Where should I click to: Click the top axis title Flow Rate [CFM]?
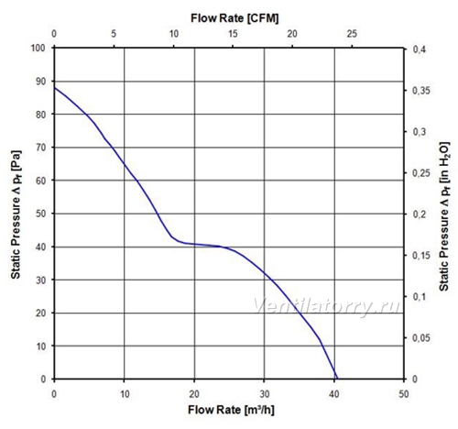(234, 18)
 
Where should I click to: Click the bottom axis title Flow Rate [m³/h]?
(231, 410)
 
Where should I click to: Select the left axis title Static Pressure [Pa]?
(16, 214)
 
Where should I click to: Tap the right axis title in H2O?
(444, 216)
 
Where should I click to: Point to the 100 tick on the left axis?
(38, 48)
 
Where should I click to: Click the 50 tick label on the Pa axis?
(40, 214)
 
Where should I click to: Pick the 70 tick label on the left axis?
(40, 148)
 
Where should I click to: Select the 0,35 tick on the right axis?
(421, 91)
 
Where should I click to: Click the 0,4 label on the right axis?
(419, 49)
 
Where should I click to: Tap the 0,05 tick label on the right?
(421, 338)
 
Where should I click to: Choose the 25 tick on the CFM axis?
(352, 34)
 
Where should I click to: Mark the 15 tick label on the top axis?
(233, 34)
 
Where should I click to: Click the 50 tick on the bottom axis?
(404, 394)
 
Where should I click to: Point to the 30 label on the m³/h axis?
(264, 394)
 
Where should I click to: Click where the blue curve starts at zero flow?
(55, 88)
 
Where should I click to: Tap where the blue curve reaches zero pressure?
(337, 379)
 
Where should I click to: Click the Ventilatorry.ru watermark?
(327, 306)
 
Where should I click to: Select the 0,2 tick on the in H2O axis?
(419, 214)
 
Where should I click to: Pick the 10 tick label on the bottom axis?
(125, 394)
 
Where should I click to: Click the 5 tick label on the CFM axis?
(114, 34)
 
